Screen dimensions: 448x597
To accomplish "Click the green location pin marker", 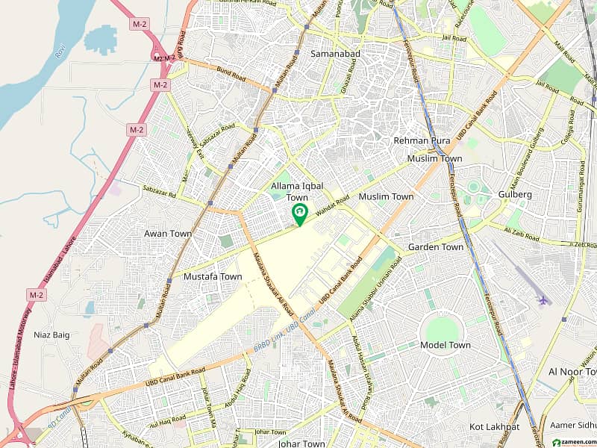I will tap(299, 214).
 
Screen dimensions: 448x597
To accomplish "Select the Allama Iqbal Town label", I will tap(292, 190).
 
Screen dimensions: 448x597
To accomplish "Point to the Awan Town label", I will tap(168, 234).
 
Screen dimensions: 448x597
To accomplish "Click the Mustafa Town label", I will tap(213, 276).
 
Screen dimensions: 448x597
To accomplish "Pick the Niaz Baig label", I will tap(51, 335).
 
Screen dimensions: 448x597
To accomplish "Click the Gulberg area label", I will tap(515, 194).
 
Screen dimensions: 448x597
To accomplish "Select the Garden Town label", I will tap(436, 247).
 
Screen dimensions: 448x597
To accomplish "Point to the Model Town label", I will tap(446, 345).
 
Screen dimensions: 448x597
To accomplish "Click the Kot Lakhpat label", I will tap(494, 426).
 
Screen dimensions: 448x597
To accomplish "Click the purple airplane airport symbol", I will tap(543, 300).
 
